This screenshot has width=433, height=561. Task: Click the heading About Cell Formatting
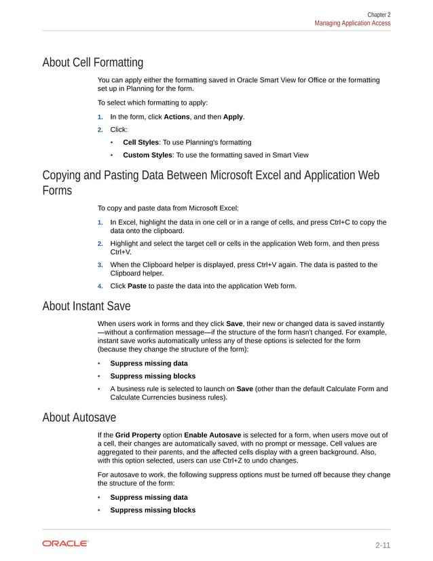tap(92, 63)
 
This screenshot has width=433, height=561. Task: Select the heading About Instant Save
tap(86, 306)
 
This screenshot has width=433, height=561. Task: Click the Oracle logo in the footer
tap(65, 543)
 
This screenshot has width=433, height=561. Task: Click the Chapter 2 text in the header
tap(379, 14)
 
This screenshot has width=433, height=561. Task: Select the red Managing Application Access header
tap(352, 23)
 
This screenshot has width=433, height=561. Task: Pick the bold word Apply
tap(233, 117)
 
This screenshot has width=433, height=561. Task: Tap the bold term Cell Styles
tap(140, 142)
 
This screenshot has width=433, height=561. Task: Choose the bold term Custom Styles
tap(147, 155)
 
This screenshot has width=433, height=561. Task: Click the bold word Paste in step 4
tap(138, 286)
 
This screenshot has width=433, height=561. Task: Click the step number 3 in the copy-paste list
tap(100, 265)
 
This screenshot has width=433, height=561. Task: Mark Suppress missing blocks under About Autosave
tap(153, 510)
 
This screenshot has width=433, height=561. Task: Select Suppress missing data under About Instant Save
tap(149, 363)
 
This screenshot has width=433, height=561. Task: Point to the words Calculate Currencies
tap(141, 398)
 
